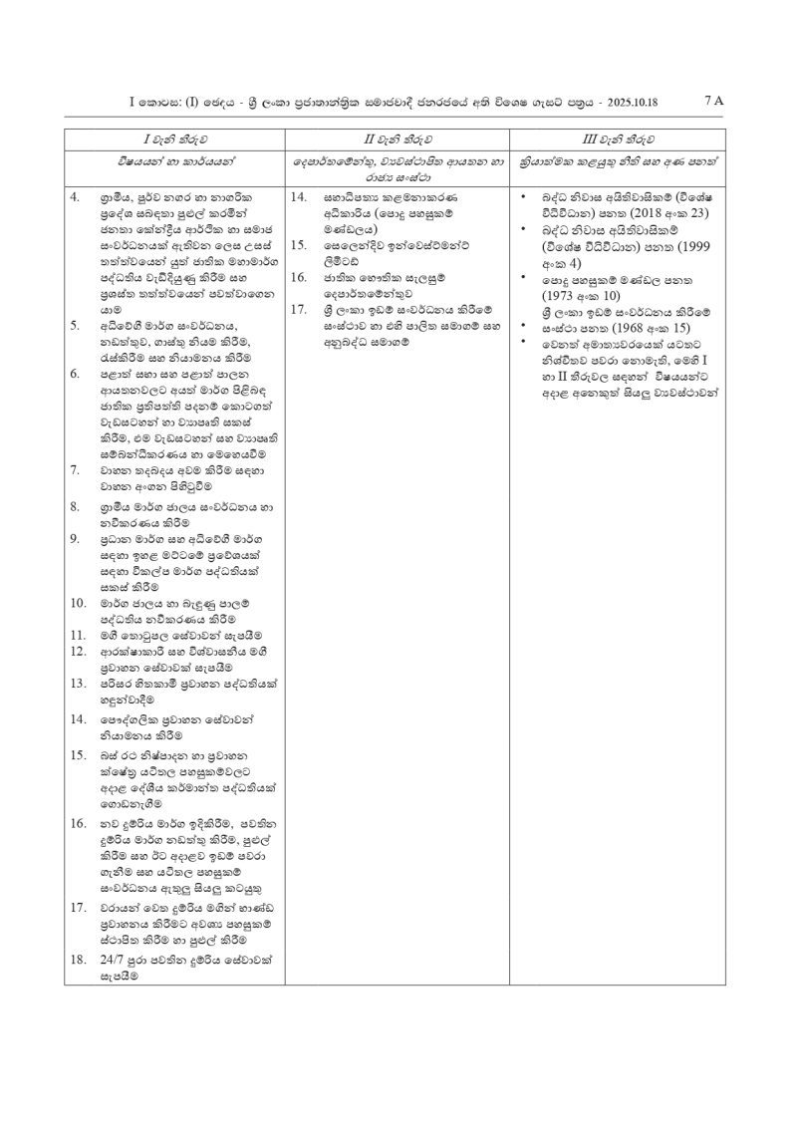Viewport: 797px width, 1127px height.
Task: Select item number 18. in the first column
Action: (78, 960)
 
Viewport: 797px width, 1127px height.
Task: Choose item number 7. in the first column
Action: (76, 468)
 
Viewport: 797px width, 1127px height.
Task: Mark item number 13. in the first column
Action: (78, 684)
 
